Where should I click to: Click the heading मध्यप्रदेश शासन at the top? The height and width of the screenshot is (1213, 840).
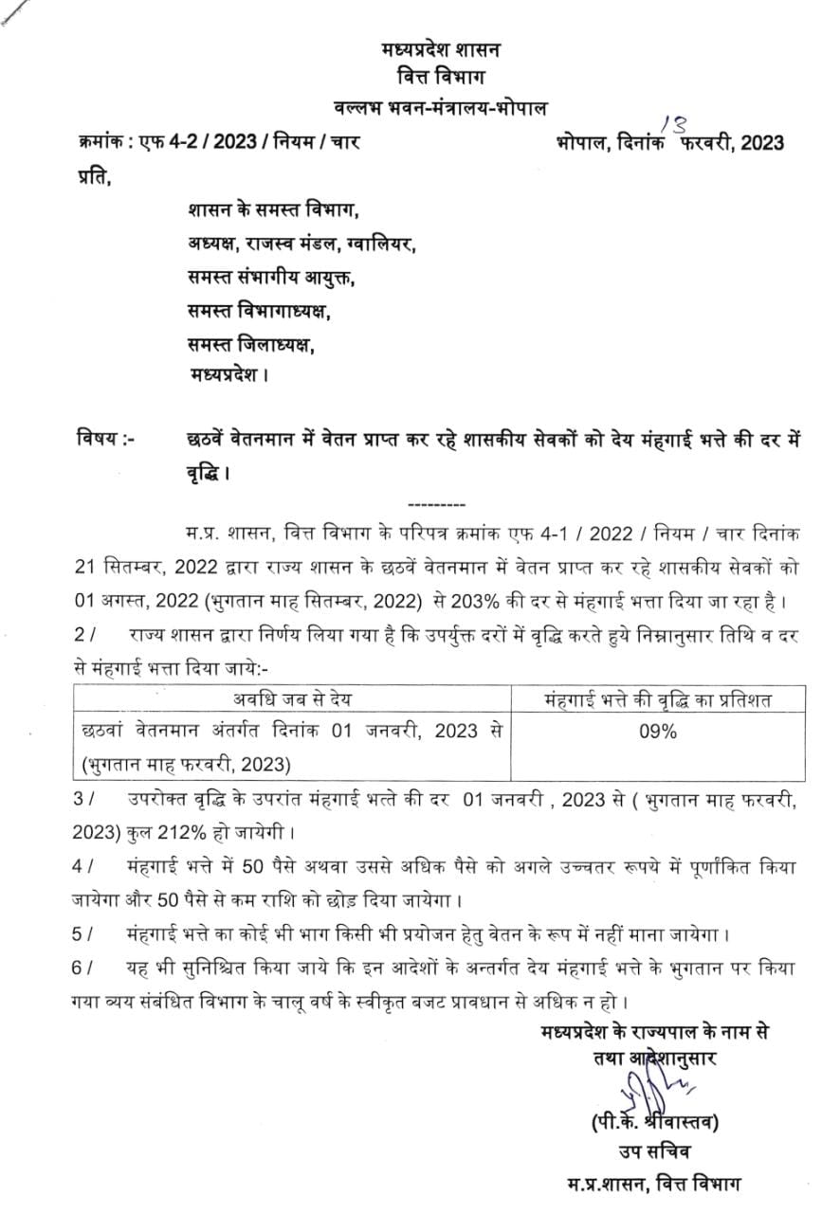441,47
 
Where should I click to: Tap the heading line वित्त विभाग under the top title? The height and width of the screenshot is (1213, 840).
441,77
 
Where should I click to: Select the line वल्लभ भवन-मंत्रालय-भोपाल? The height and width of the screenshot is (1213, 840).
441,107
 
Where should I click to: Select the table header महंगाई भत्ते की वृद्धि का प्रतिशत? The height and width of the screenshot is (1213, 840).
658,699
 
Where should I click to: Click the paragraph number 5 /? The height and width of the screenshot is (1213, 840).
83,933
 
